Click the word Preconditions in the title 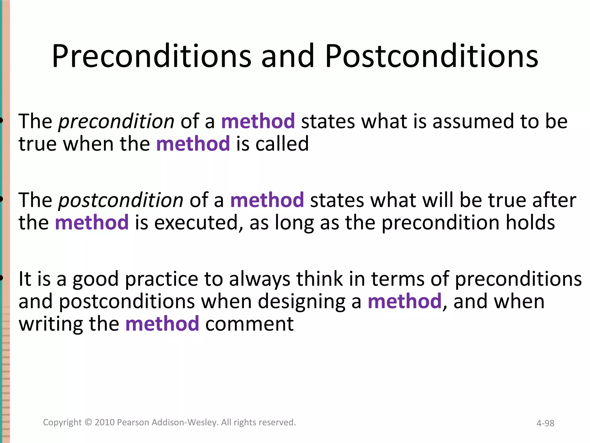[x=152, y=56]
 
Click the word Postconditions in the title [x=431, y=56]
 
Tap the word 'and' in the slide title [x=288, y=56]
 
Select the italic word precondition [x=116, y=121]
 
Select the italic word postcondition [x=121, y=200]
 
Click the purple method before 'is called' [x=193, y=144]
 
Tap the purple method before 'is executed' [x=92, y=222]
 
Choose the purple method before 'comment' [x=162, y=324]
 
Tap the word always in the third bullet [x=260, y=279]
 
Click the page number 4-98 [x=545, y=423]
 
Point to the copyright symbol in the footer [x=88, y=422]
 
